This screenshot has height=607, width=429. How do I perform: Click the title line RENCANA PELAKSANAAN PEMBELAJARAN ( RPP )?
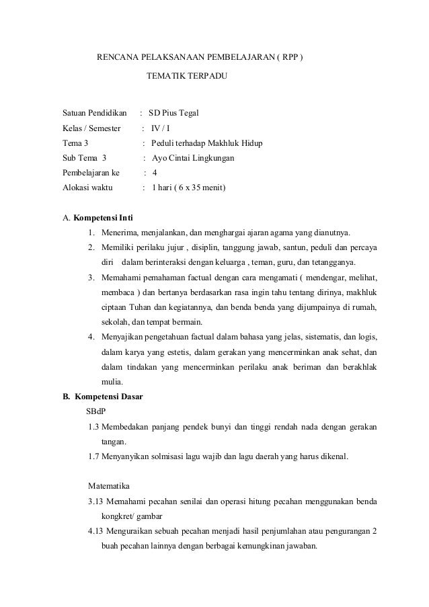[200, 58]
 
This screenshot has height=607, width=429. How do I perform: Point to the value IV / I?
[161, 128]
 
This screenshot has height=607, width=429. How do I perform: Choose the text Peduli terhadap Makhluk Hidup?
[206, 144]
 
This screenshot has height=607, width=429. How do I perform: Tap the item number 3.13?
[96, 501]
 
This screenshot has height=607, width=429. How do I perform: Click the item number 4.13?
[96, 531]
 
